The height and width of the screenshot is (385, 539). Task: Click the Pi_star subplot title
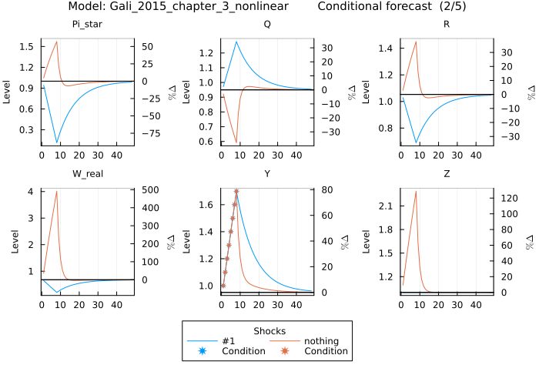click(x=87, y=24)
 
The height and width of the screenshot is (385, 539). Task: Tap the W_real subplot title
click(x=87, y=173)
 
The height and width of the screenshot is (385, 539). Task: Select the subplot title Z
click(x=447, y=173)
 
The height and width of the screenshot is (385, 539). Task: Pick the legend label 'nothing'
click(x=322, y=341)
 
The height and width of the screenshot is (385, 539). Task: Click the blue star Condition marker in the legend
click(x=203, y=351)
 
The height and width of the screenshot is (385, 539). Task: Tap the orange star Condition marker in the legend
click(x=285, y=351)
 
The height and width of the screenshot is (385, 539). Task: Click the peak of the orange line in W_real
click(x=57, y=191)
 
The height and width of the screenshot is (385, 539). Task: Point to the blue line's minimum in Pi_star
click(x=57, y=142)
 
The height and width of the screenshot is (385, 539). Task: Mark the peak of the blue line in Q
click(x=236, y=42)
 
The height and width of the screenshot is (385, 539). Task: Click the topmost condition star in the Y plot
click(x=236, y=191)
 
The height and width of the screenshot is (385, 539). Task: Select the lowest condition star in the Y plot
click(x=223, y=286)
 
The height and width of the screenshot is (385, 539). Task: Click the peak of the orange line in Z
click(x=416, y=191)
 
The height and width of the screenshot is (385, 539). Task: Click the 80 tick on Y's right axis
click(x=326, y=189)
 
